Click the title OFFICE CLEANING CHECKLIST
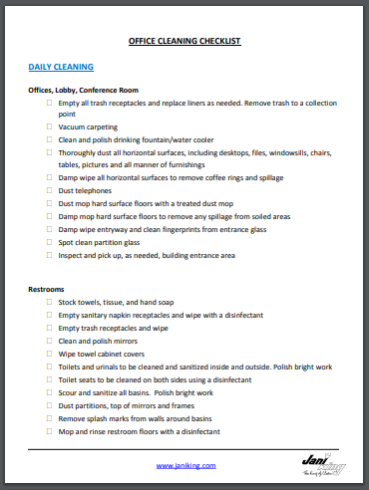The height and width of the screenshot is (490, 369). [184, 43]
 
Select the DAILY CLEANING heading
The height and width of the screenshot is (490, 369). [61, 67]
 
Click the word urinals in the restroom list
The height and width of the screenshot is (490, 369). [101, 367]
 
